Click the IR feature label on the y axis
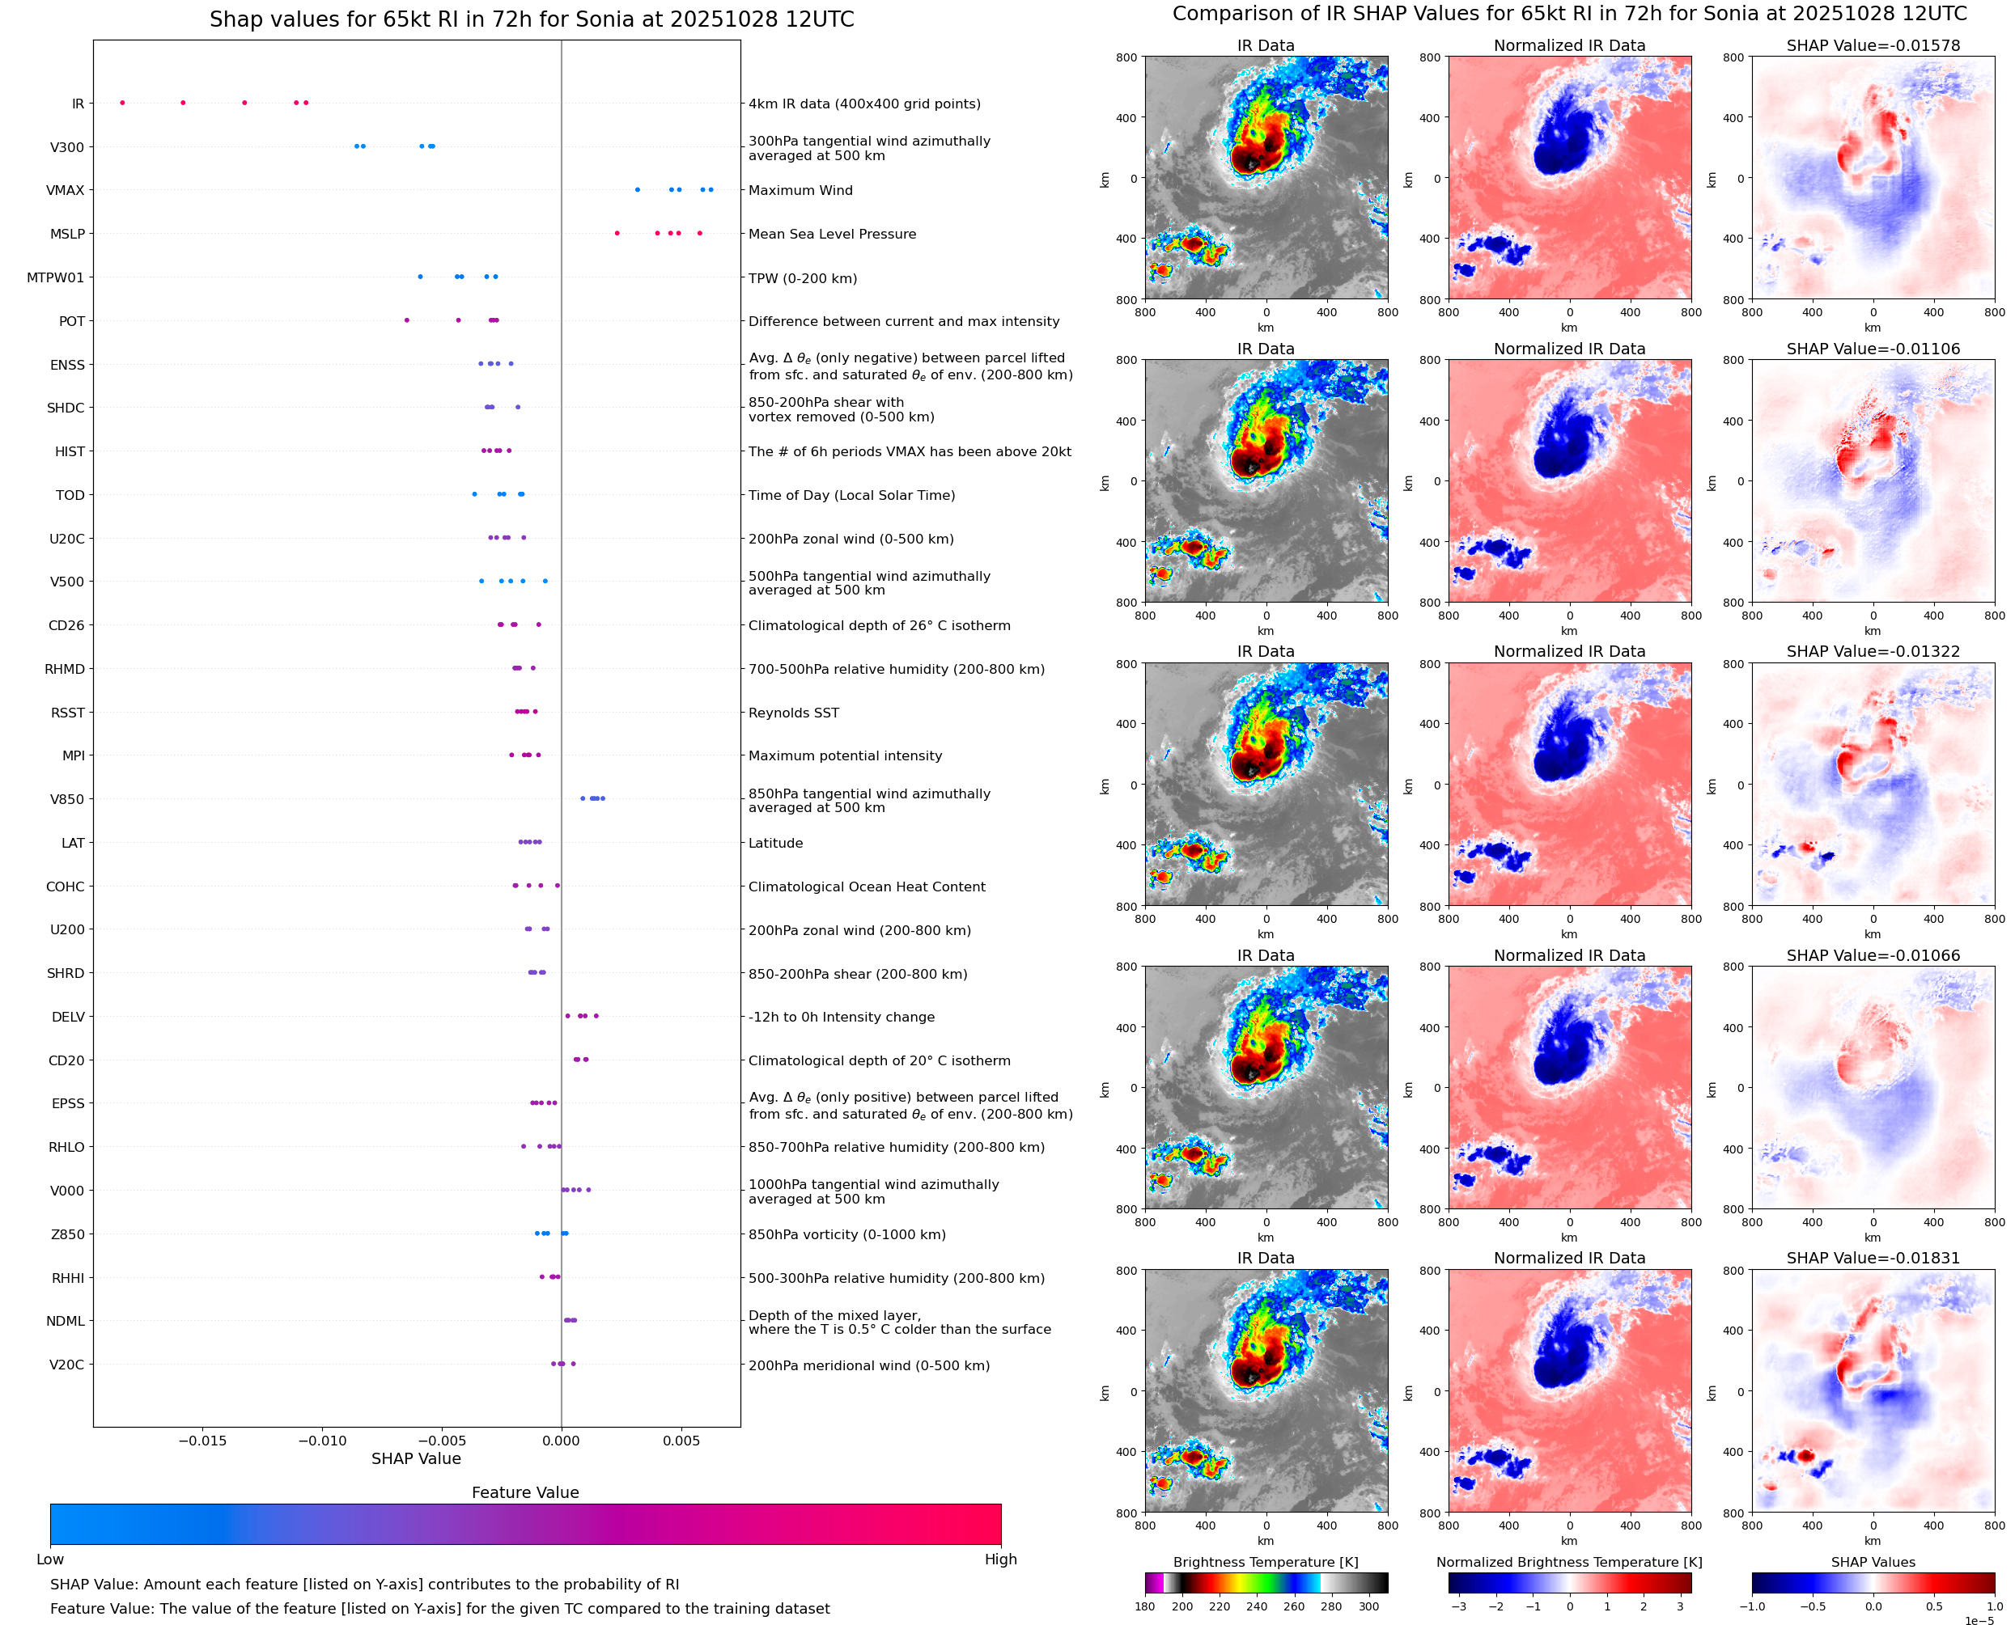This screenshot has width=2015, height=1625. [78, 104]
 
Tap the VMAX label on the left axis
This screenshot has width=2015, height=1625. [66, 190]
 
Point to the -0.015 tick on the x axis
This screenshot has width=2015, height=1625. [202, 1441]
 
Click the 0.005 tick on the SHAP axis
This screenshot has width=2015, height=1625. [681, 1441]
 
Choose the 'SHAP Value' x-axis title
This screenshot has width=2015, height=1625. [416, 1458]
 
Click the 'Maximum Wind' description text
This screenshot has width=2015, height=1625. [800, 190]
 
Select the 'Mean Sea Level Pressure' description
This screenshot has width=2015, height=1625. [831, 234]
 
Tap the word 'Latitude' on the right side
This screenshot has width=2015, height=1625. [775, 844]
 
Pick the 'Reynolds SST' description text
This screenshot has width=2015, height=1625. [793, 713]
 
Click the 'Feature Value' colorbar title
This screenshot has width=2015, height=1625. [525, 1492]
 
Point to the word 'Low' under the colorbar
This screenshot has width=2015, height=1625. [49, 1559]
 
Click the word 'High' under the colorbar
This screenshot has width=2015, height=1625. [1000, 1559]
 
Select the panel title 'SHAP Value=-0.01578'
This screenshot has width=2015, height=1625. [1873, 45]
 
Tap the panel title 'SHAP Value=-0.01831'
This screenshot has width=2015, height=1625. [1873, 1258]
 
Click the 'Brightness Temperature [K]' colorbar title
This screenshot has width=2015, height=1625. [1265, 1562]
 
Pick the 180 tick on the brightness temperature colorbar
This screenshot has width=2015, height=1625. [1145, 1606]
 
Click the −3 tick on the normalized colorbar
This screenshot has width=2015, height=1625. [1458, 1606]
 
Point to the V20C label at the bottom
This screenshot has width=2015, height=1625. [66, 1365]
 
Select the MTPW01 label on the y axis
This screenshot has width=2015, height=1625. [55, 277]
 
